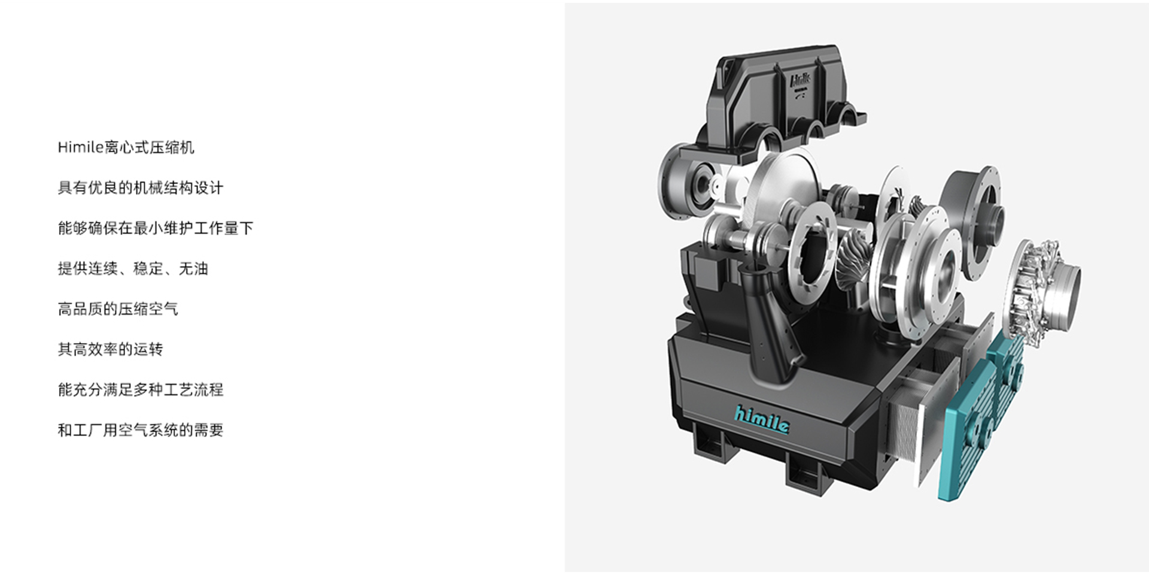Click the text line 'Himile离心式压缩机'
click(126, 147)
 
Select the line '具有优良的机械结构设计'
click(141, 188)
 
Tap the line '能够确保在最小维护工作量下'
click(156, 228)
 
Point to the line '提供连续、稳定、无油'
click(133, 268)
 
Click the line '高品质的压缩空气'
click(118, 309)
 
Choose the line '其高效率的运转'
click(110, 349)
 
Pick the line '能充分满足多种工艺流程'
click(141, 389)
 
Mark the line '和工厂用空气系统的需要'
click(141, 430)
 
